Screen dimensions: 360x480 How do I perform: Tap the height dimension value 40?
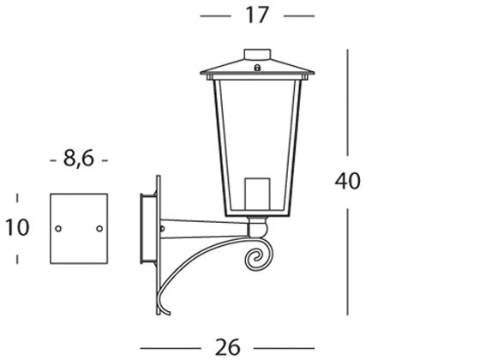[x=349, y=181]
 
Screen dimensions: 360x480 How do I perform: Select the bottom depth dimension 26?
[x=228, y=346]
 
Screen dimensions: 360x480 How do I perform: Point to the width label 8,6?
[x=79, y=159]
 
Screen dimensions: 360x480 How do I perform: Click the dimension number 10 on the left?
[x=16, y=227]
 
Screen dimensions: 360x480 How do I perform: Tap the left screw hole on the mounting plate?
[x=58, y=228]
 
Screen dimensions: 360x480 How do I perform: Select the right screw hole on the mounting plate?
[x=99, y=228]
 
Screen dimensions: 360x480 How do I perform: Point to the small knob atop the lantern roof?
[x=256, y=55]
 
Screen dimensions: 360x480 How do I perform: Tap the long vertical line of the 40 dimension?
[x=347, y=103]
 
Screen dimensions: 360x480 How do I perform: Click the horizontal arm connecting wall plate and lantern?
[x=206, y=229]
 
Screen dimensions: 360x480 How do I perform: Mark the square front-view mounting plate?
[x=79, y=229]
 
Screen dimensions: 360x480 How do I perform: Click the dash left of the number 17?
[x=215, y=15]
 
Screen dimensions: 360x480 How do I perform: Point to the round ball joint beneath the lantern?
[x=256, y=227]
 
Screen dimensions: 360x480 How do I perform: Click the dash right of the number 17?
[x=298, y=15]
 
